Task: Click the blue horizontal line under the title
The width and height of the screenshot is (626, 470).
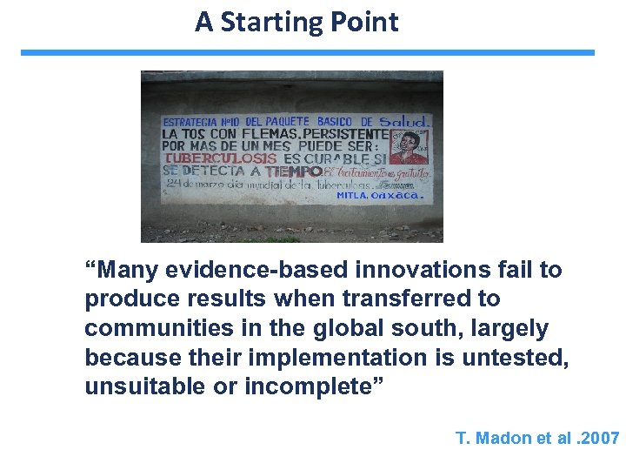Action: [308, 52]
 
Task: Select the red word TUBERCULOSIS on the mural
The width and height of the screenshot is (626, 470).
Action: [221, 158]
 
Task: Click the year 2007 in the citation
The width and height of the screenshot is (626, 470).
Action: [599, 438]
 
